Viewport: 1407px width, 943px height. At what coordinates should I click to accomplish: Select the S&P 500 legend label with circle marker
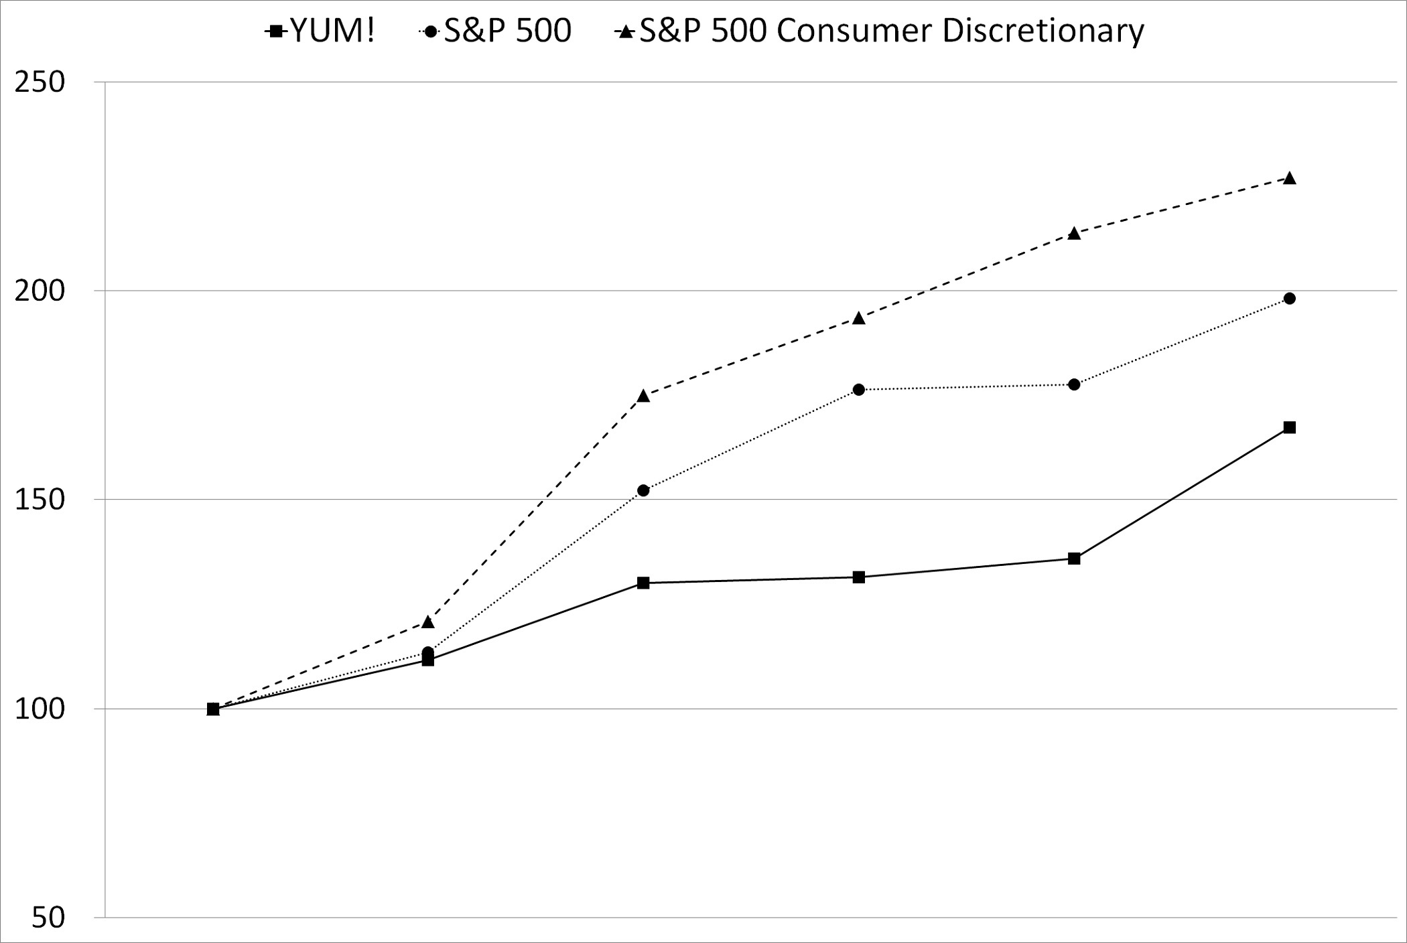[496, 31]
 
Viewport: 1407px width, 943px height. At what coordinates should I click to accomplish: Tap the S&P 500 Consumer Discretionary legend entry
[879, 31]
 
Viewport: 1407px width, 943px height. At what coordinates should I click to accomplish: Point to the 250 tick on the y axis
[40, 82]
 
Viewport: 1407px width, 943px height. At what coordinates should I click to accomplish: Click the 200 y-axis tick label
[40, 291]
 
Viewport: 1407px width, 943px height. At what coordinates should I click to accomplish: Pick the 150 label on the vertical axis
[40, 500]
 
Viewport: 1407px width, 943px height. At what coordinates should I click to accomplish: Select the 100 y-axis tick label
[40, 709]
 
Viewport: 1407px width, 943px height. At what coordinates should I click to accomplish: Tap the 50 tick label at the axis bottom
[48, 918]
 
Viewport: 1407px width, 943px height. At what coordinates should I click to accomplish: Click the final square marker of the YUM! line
[1289, 427]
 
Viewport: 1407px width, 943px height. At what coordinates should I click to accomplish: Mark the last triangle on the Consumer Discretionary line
[1289, 179]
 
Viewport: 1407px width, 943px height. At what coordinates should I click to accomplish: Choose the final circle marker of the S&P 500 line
[1289, 299]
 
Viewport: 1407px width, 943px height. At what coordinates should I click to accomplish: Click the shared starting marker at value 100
[213, 709]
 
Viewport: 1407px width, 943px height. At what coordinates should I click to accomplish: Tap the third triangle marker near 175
[643, 396]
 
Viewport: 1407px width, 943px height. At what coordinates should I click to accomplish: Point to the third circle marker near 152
[643, 491]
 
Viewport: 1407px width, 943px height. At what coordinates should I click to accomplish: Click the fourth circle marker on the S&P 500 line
[859, 390]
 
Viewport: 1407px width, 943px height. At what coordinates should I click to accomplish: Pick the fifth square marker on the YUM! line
[1074, 559]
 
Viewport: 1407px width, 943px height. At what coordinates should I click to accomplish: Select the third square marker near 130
[643, 583]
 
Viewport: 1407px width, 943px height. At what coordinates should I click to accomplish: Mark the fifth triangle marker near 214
[1074, 234]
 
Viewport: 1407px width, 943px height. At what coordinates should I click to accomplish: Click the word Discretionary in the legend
[1043, 31]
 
